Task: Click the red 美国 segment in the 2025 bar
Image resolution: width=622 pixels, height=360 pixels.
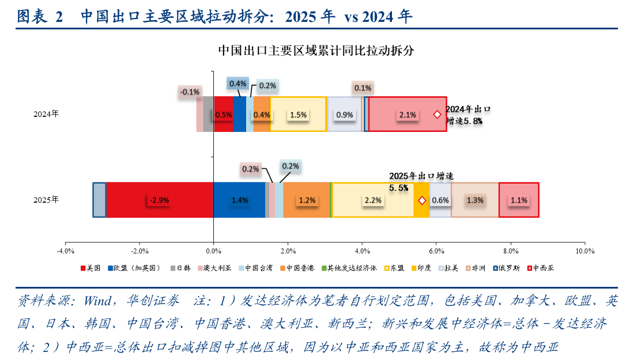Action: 160,200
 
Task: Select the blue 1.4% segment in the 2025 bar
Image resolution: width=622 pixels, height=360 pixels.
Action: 239,200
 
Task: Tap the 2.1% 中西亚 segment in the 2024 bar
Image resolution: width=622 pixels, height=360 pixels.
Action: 407,115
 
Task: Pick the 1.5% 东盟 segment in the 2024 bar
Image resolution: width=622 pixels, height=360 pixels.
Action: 298,115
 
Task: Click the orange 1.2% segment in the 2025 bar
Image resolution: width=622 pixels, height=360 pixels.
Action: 307,200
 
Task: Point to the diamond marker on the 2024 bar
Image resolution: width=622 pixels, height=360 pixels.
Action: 438,115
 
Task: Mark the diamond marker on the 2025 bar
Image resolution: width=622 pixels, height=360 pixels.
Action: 421,200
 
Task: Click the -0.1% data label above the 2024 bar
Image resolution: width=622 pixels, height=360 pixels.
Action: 190,92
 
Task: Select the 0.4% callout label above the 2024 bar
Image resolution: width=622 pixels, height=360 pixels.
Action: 238,84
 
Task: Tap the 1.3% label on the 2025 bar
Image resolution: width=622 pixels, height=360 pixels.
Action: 475,200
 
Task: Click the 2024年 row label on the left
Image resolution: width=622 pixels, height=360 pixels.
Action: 46,114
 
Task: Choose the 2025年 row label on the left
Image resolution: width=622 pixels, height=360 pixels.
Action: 46,200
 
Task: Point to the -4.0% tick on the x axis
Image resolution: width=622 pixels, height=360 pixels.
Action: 65,251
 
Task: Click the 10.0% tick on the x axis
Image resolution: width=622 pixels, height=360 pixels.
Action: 585,251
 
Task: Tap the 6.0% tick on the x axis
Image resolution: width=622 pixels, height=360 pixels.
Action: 436,251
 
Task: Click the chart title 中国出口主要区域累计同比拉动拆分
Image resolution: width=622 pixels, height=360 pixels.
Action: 316,51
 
